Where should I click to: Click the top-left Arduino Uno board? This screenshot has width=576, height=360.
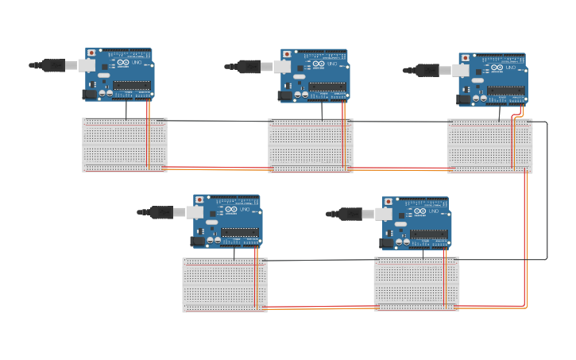pos(119,74)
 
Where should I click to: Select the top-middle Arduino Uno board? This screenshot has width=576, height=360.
pos(315,75)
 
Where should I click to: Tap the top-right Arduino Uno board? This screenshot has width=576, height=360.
pos(493,79)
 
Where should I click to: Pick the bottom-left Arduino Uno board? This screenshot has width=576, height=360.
pos(227,220)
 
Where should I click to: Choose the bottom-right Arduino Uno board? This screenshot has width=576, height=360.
pos(416,223)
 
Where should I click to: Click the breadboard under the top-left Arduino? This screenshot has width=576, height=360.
pos(125,145)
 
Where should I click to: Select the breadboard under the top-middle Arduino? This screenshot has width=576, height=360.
pos(311,145)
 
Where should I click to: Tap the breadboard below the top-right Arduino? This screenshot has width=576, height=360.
pos(489,146)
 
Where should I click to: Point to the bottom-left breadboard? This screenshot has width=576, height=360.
pos(225,285)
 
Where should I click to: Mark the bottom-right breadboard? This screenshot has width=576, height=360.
pos(416,284)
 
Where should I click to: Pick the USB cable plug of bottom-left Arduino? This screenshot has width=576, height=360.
pos(163,212)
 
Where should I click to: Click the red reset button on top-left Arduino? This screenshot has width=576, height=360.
pos(91,53)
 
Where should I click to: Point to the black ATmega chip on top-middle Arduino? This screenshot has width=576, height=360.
pos(327,87)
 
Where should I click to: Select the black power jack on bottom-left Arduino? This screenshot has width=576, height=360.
pos(198,241)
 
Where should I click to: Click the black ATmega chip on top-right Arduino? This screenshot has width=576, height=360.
pos(505,91)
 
